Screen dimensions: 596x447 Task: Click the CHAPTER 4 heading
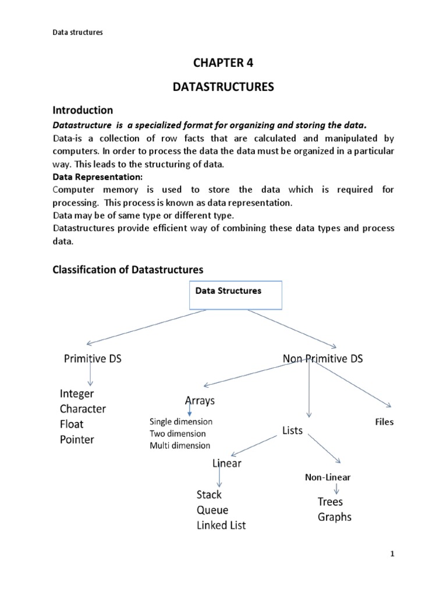click(223, 63)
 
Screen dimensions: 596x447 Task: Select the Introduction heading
click(83, 110)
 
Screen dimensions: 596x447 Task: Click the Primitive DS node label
click(93, 359)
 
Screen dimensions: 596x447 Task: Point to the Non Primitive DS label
click(322, 359)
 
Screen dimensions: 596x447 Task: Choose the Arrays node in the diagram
click(200, 401)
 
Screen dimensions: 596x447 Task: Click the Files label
click(384, 422)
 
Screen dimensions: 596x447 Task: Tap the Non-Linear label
click(328, 477)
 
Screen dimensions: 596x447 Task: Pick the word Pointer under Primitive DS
click(77, 439)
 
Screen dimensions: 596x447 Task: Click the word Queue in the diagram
click(212, 510)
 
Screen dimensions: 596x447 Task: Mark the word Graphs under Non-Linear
click(334, 517)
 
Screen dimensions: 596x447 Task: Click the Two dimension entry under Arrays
click(178, 434)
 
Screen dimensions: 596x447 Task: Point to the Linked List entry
click(221, 526)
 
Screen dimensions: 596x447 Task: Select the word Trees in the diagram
click(330, 502)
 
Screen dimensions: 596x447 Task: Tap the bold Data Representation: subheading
click(90, 177)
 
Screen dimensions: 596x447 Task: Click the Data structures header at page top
click(77, 33)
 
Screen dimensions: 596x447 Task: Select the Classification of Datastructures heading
click(127, 269)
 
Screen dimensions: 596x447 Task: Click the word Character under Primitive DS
click(83, 409)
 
